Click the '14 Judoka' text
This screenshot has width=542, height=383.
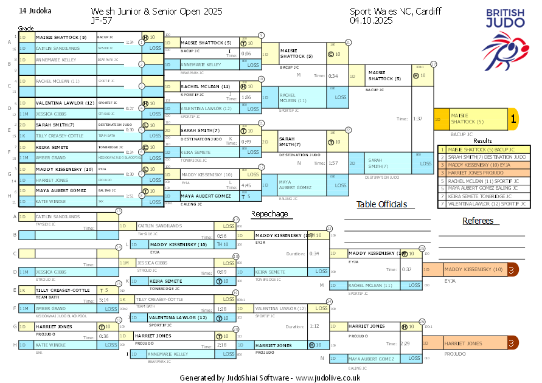[36, 11]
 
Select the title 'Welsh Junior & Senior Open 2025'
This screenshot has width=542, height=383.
[156, 12]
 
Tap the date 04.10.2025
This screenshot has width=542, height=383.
[371, 20]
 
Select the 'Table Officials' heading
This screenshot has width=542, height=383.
[381, 204]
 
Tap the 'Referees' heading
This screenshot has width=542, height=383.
[478, 221]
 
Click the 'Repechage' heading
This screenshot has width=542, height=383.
[269, 213]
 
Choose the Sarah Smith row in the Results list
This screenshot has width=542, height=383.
[482, 157]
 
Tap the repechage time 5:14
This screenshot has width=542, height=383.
[104, 300]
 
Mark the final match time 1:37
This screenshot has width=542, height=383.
[417, 119]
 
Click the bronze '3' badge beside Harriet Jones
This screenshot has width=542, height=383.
[513, 343]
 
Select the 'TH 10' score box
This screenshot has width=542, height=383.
[222, 244]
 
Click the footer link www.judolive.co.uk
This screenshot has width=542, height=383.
[328, 378]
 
